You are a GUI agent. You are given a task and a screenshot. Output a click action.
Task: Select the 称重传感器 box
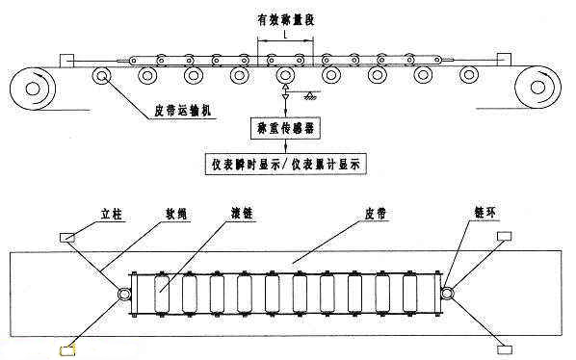pos(285,126)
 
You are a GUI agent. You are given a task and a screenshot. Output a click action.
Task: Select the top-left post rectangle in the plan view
pos(69,237)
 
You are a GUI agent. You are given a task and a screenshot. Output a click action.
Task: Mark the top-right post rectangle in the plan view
pos(503,237)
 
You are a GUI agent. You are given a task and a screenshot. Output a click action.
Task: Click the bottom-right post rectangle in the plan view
pos(503,348)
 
